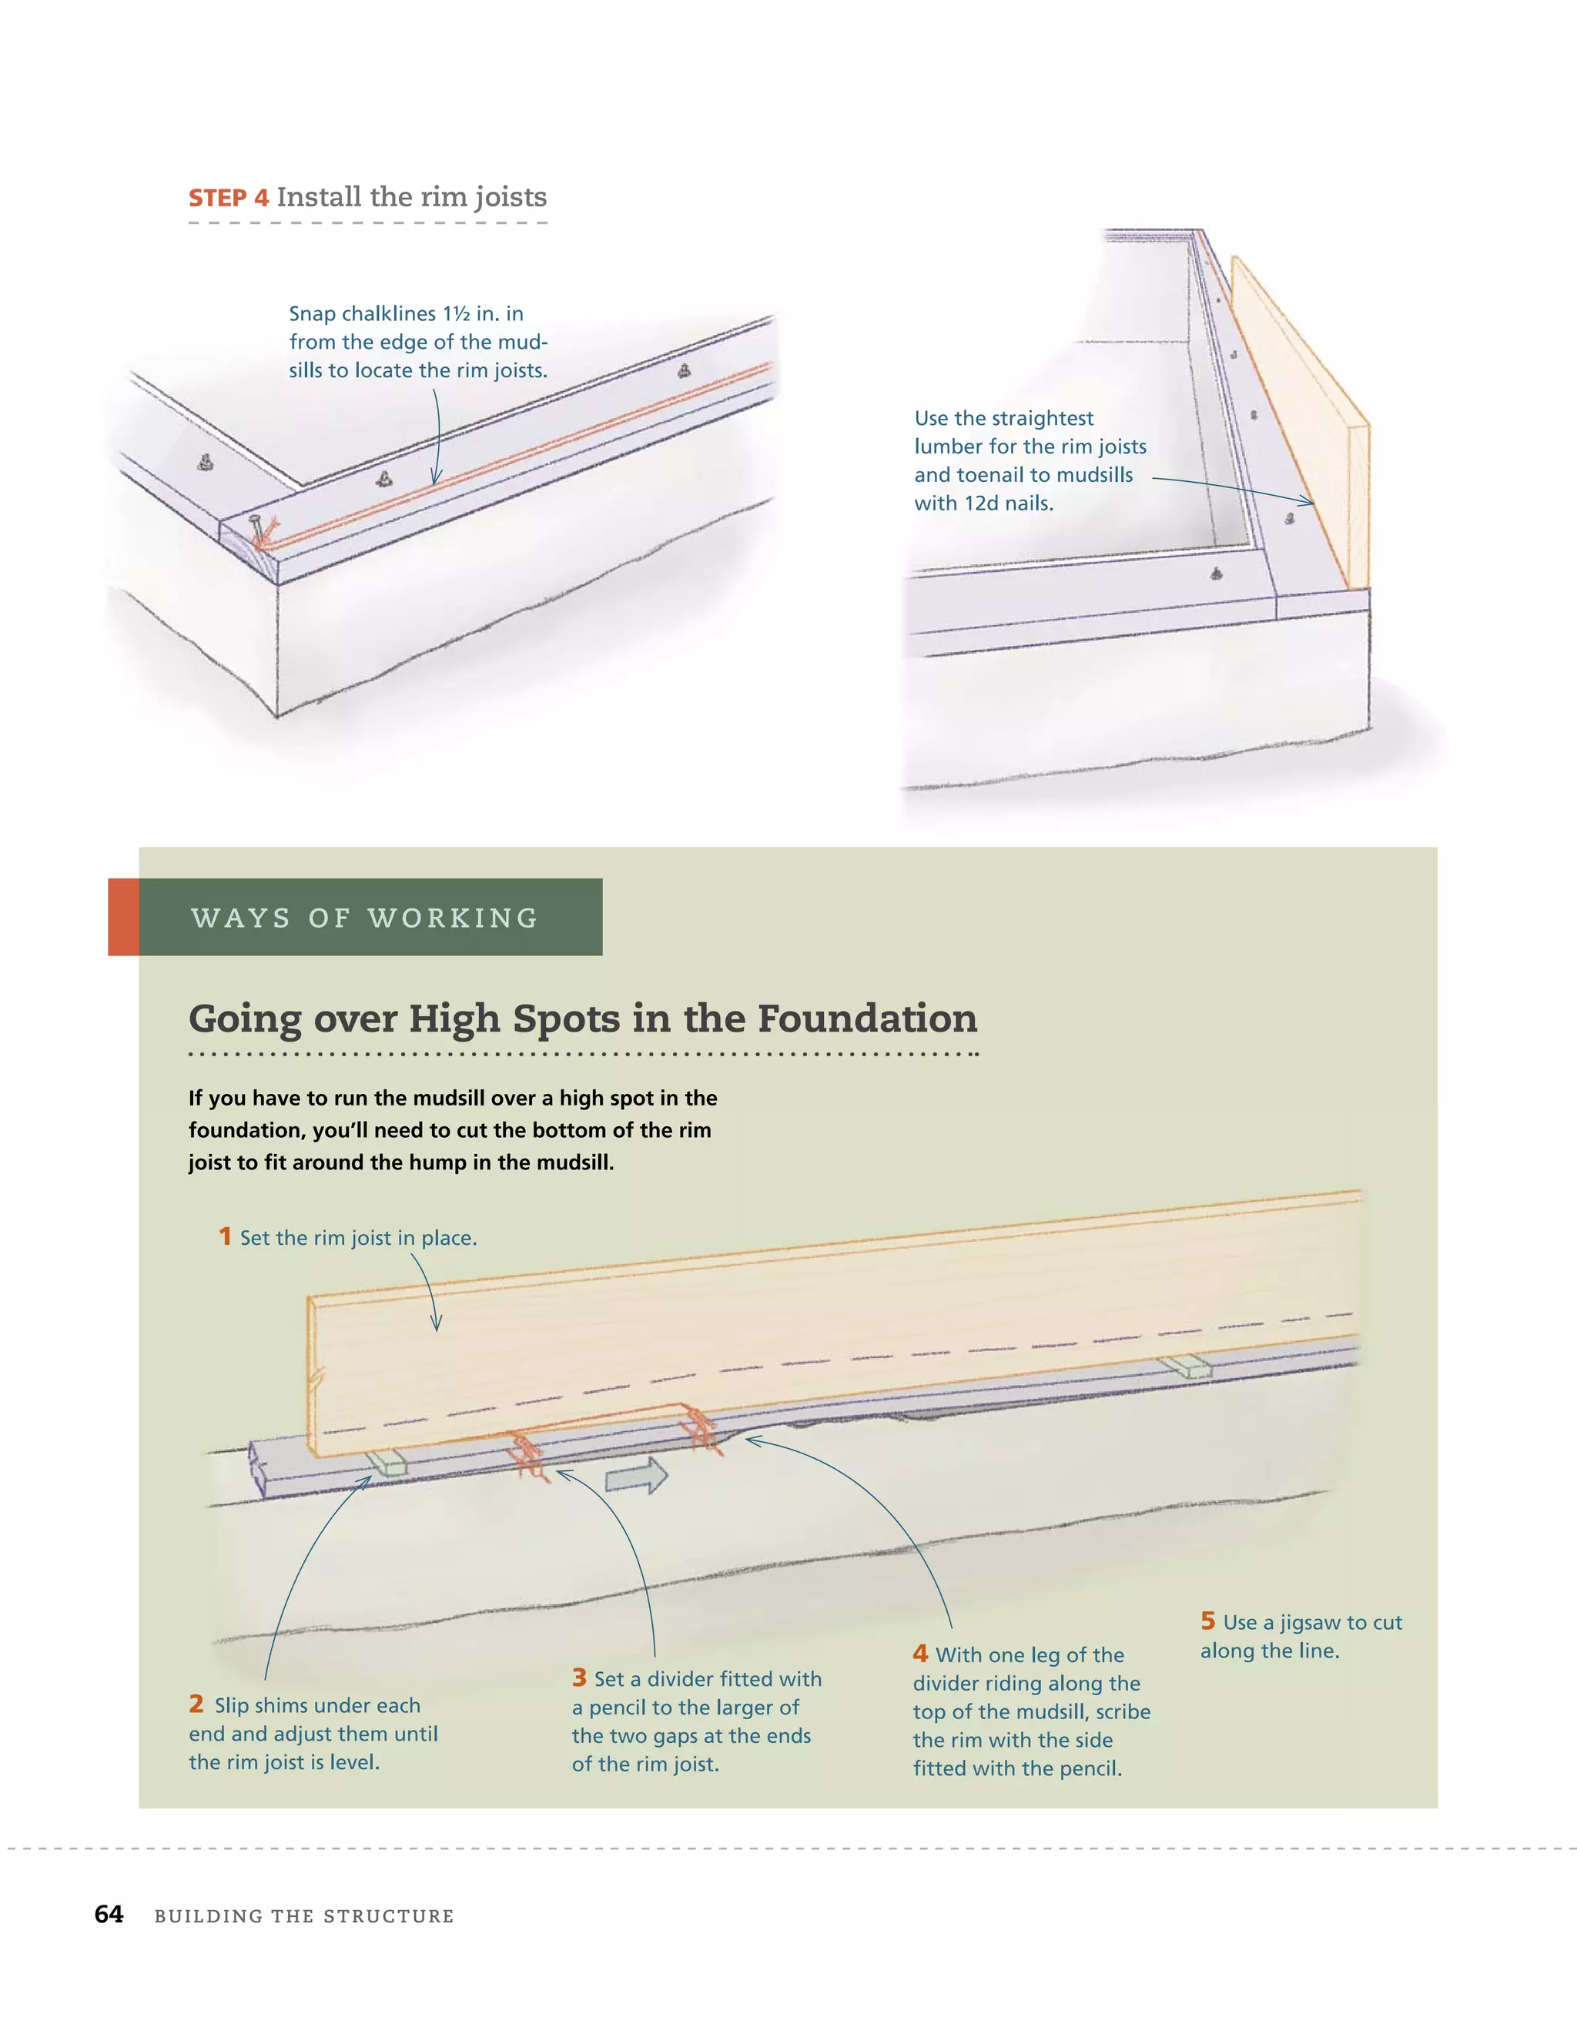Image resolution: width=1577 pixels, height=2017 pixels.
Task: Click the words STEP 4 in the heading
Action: [228, 199]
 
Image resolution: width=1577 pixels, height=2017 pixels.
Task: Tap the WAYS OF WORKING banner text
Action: [365, 918]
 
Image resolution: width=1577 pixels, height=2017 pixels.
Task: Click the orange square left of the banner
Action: [123, 917]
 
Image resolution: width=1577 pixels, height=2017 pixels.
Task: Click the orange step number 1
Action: [225, 1236]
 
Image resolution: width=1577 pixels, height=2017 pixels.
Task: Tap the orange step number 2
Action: [196, 1703]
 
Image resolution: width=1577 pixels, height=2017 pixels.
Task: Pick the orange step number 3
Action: [579, 1677]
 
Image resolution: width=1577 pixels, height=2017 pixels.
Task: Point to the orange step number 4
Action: [920, 1653]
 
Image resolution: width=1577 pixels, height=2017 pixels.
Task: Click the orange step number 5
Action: [1207, 1621]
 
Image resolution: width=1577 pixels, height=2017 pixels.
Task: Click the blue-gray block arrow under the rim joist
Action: [638, 1476]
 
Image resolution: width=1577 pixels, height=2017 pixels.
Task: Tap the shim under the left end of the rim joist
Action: [387, 1461]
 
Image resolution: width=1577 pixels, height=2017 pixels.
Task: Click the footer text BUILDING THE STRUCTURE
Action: [304, 1915]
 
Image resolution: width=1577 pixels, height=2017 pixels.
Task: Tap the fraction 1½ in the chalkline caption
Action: [457, 314]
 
